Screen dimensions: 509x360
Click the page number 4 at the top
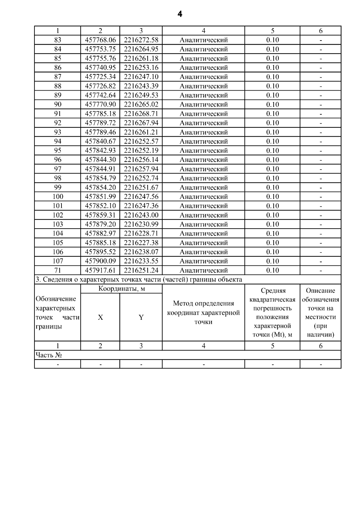pos(180,14)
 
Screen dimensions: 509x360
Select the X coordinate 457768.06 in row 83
pos(100,40)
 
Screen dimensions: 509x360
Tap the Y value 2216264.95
pos(141,49)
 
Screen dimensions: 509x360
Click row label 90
pos(58,104)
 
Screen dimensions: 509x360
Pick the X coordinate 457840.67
pos(100,141)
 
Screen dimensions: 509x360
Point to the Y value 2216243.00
pos(141,215)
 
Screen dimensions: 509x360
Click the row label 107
pos(58,261)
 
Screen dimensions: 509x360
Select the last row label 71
pos(58,270)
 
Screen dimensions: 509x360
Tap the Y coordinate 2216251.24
pos(141,270)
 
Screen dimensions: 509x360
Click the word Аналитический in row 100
pos(203,197)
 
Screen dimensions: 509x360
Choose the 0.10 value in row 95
pos(272,151)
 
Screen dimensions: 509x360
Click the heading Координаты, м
pos(121,289)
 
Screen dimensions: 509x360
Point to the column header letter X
pos(100,317)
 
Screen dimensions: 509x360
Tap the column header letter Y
pos(141,317)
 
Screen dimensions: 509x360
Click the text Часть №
pos(49,355)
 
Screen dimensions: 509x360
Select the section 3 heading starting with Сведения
pos(139,280)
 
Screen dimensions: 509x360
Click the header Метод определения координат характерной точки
pos(203,313)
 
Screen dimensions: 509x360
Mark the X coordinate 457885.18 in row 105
pos(100,243)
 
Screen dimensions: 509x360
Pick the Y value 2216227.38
pos(141,243)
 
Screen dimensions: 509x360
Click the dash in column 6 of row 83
pos(320,40)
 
